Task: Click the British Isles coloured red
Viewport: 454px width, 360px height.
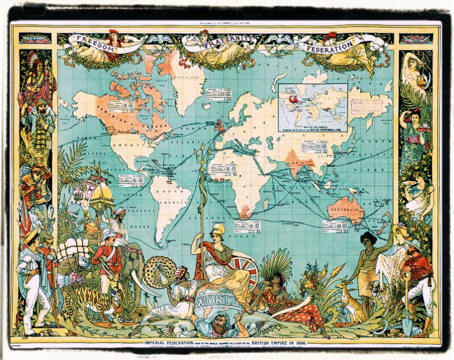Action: [218, 126]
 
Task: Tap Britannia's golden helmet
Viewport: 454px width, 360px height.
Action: [217, 230]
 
